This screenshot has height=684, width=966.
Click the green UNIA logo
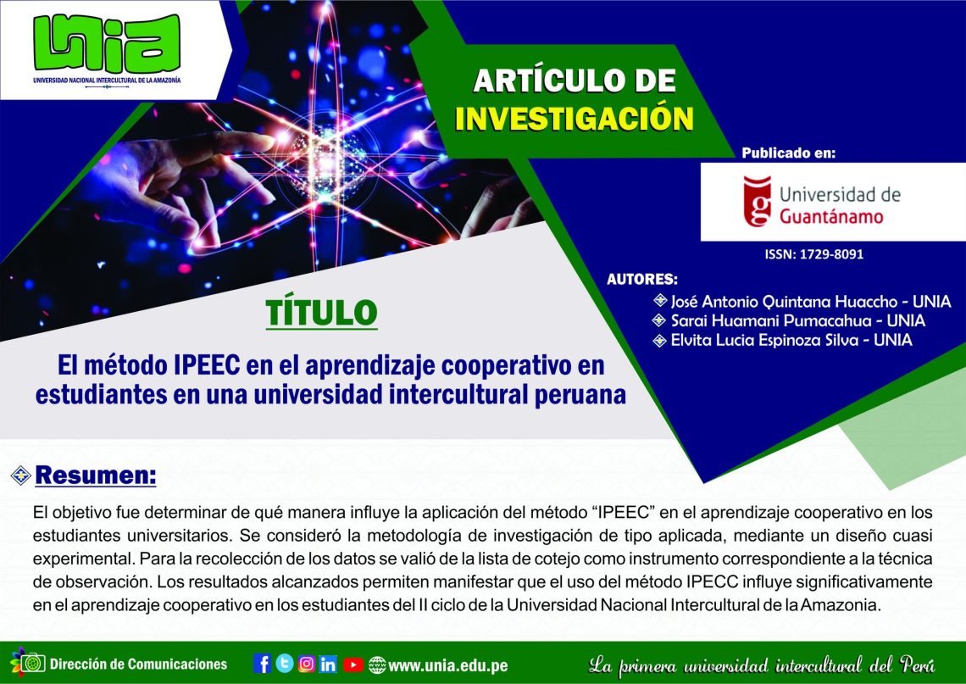tap(107, 44)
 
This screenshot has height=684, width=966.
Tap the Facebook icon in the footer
tap(262, 664)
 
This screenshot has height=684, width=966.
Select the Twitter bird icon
tap(285, 664)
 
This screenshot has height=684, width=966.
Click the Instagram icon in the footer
tap(306, 664)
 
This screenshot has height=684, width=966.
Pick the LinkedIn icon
tap(328, 664)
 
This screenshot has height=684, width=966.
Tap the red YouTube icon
tap(353, 665)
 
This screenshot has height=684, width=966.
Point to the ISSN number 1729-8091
tap(813, 254)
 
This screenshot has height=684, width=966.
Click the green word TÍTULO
tap(321, 313)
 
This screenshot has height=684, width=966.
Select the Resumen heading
tap(96, 475)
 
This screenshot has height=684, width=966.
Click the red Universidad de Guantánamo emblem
tap(758, 202)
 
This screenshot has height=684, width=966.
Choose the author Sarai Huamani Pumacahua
tap(771, 320)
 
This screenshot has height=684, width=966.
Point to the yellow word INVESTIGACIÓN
tap(575, 119)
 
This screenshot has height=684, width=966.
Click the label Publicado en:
tap(788, 153)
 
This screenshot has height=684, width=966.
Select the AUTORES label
tap(642, 279)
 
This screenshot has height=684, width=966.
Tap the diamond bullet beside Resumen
tap(21, 475)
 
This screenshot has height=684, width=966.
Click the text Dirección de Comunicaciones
tap(138, 665)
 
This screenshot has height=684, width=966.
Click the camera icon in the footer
tap(33, 664)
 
